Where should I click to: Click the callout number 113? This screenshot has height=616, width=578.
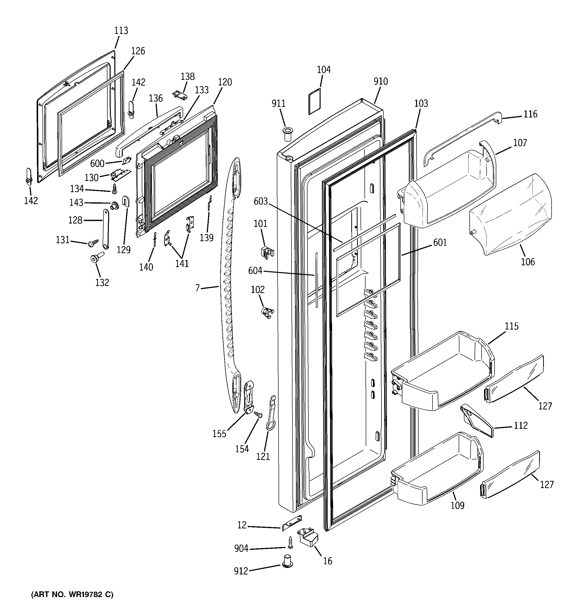coord(121,30)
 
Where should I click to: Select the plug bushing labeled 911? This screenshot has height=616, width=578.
coord(287,134)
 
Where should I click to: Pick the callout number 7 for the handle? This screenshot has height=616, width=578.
coord(197,288)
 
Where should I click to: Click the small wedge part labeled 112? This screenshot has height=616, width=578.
coord(476,420)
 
